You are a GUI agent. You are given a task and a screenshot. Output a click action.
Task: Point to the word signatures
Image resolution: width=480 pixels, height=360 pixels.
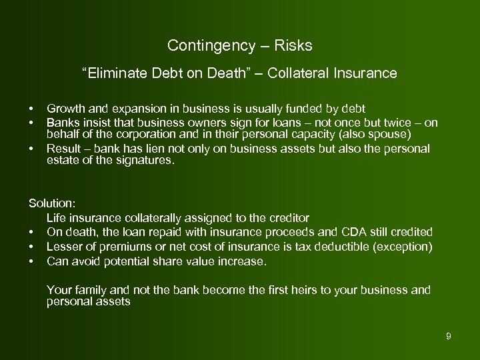[144, 160]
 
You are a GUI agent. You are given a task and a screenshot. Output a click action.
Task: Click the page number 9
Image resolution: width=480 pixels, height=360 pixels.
[449, 337]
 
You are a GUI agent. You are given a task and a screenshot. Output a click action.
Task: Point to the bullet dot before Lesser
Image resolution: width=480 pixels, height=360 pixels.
[31, 247]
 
